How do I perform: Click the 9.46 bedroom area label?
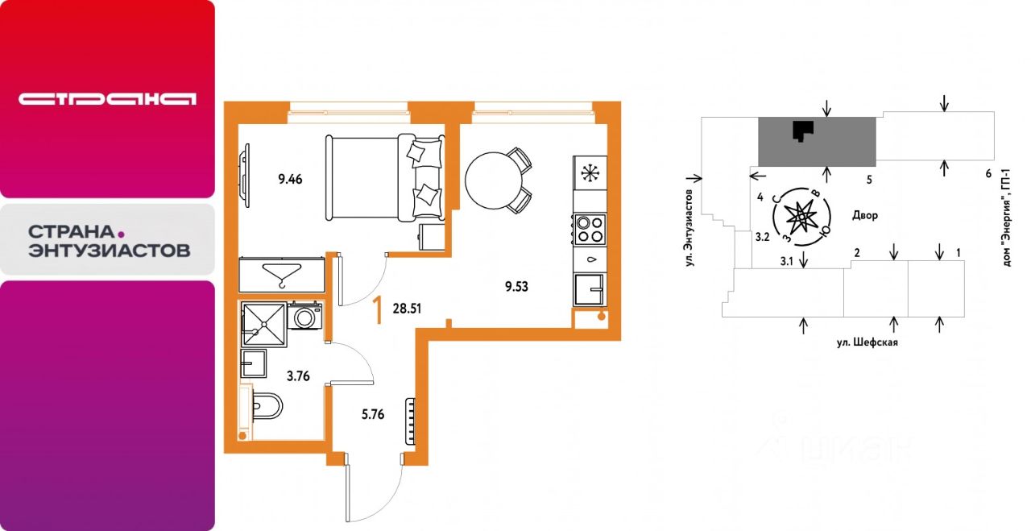coord(290,179)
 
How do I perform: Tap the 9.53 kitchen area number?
coord(516,287)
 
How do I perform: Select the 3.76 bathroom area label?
coord(298,376)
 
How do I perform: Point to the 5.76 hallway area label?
coord(373,414)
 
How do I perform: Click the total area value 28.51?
coord(407,309)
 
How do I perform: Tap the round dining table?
coord(494,180)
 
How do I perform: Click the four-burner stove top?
coord(590,230)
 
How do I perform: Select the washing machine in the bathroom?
coord(304,316)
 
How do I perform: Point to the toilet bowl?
coord(267,406)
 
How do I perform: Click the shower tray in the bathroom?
coord(263,324)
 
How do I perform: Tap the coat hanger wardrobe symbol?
coord(281,275)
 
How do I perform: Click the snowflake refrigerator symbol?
coord(590,172)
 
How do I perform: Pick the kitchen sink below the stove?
coord(589,289)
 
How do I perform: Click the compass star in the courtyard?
coord(801,217)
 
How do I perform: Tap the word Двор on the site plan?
coord(865,215)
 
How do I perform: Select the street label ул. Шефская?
coord(867,342)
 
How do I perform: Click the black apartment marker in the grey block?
coord(803,131)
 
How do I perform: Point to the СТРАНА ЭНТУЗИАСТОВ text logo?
coord(109,241)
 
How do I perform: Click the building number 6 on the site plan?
coord(988,173)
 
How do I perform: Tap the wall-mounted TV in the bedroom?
coord(245,175)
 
